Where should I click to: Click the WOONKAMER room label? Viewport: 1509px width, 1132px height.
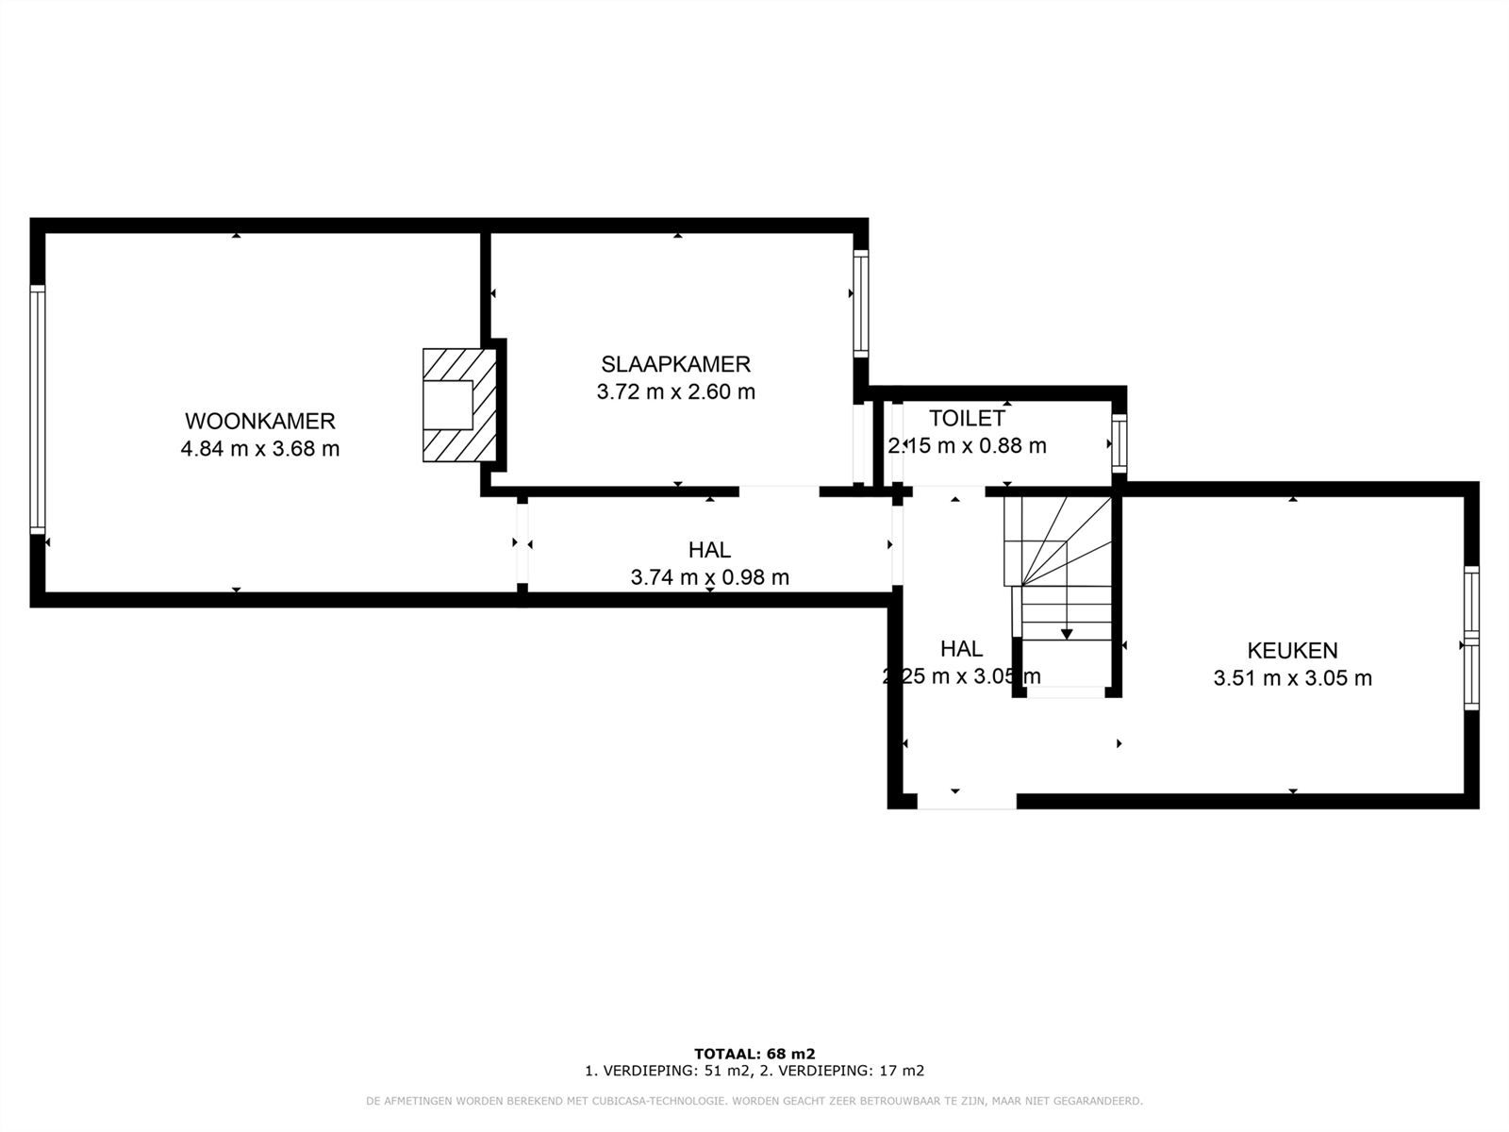pos(259,421)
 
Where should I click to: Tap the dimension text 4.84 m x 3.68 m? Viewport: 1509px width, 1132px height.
pos(259,449)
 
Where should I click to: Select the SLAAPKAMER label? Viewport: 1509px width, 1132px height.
pos(675,364)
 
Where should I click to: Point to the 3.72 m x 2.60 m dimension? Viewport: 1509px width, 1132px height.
pos(675,391)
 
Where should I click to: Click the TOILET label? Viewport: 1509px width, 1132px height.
pos(967,418)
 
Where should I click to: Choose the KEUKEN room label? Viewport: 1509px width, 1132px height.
pos(1292,650)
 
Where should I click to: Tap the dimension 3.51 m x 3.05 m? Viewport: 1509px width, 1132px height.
pos(1292,678)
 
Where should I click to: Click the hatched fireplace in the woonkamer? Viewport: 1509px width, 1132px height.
pos(459,406)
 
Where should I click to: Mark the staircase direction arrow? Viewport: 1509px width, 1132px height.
pos(1067,631)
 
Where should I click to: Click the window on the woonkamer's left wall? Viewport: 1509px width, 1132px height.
pos(38,409)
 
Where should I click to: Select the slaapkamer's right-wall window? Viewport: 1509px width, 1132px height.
pos(860,303)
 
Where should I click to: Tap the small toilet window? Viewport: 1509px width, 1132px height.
pos(1119,443)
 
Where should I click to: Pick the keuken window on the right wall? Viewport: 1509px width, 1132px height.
pos(1471,638)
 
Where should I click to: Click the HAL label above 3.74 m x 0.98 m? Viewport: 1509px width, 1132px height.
pos(709,549)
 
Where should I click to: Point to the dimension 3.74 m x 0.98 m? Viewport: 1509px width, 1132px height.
pos(709,577)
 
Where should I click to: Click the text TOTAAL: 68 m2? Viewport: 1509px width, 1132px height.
pos(754,1054)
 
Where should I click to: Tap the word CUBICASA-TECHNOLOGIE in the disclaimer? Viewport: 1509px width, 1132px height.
pos(650,1101)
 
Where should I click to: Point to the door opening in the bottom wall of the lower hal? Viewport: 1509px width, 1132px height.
pos(967,801)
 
